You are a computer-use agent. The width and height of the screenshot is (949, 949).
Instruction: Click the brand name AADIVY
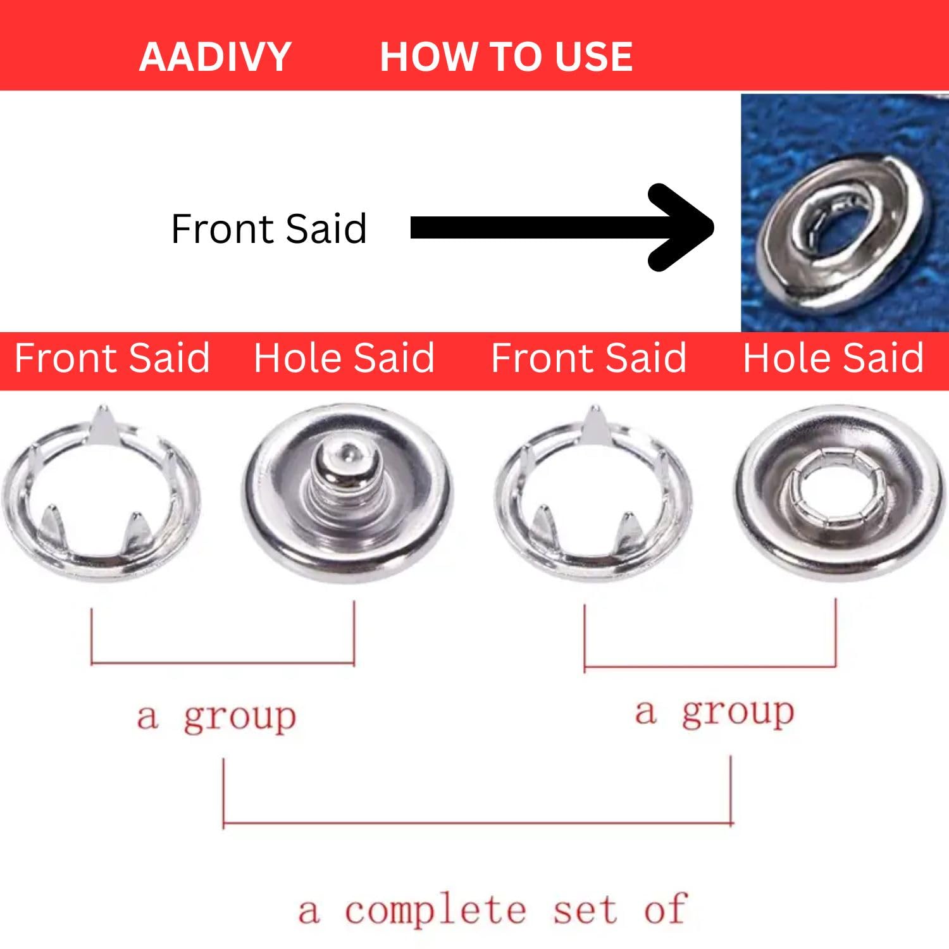[214, 57]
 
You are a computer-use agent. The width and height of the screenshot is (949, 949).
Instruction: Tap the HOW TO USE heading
[506, 57]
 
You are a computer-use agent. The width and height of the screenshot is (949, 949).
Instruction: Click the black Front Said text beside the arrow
[269, 228]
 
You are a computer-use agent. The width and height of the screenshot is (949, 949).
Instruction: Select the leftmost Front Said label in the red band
[112, 358]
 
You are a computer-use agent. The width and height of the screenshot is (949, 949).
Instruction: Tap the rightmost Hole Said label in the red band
[833, 358]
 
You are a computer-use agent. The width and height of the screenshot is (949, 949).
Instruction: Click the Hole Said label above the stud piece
[344, 358]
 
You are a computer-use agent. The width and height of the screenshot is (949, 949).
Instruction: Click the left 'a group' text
[216, 717]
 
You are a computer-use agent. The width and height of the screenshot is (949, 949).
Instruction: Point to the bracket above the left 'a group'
[223, 663]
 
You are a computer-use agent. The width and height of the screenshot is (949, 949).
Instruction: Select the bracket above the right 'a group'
[710, 666]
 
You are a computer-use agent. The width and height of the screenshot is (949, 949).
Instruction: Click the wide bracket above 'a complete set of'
[478, 824]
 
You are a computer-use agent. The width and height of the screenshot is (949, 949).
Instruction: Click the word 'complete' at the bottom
[435, 911]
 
